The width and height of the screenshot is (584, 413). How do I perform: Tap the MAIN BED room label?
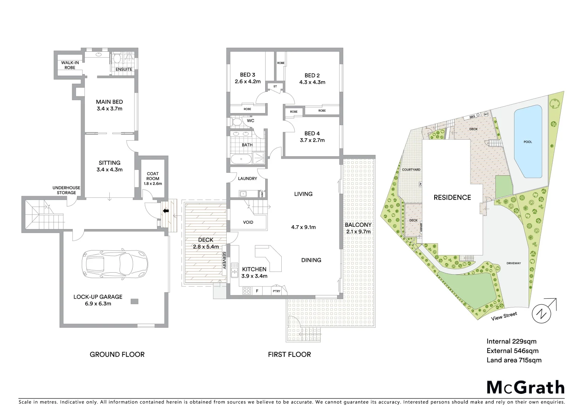[109, 102]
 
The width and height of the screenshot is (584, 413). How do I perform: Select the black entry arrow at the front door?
[165, 211]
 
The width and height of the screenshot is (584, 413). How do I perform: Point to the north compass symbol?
[542, 313]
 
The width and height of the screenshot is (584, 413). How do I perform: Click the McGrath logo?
[525, 387]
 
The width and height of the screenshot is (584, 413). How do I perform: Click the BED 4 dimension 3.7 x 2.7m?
[312, 140]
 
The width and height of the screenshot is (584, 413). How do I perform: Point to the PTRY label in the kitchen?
[276, 291]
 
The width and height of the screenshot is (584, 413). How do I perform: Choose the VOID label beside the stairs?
[248, 222]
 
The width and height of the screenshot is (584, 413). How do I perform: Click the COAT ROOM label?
[153, 176]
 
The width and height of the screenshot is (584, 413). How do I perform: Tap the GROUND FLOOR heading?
[117, 354]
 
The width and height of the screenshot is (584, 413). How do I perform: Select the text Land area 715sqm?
[514, 360]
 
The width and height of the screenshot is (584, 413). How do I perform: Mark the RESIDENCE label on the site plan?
[452, 197]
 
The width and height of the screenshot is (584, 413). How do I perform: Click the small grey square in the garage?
[134, 301]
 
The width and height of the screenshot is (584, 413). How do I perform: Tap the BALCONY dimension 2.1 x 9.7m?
[358, 231]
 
